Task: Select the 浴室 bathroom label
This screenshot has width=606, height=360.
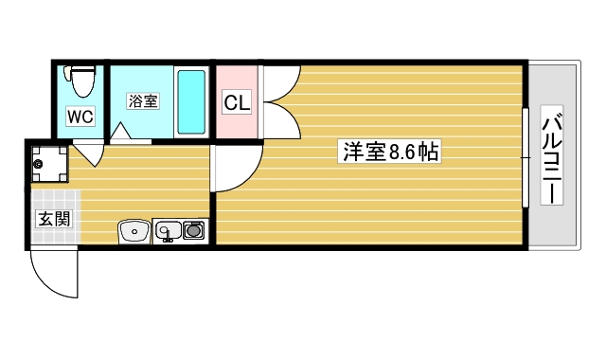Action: point(143,101)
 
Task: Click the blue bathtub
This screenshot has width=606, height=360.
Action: point(191,101)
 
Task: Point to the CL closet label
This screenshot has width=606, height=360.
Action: point(237,102)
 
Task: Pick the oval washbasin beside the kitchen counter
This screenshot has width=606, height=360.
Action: point(134,229)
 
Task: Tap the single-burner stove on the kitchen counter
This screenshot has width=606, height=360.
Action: point(194,229)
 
